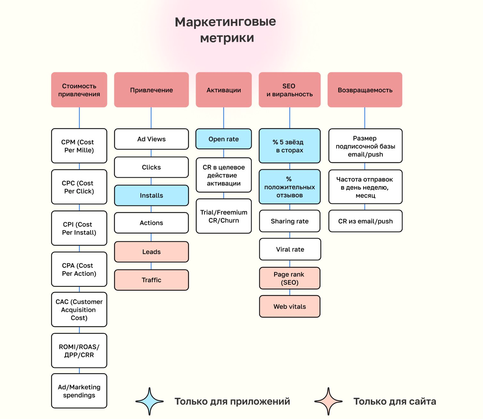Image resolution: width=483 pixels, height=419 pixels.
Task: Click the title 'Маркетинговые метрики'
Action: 225,29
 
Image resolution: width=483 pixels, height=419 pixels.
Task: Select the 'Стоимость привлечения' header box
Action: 79,90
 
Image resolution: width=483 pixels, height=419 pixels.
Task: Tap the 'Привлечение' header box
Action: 151,90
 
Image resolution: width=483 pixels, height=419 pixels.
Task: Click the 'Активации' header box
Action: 224,90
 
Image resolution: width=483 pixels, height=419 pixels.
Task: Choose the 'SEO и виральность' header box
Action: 289,90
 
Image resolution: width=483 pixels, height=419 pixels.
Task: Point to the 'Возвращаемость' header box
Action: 365,90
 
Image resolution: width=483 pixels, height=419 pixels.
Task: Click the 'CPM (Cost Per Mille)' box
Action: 79,146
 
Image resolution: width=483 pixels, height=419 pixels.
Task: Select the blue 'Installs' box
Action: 151,195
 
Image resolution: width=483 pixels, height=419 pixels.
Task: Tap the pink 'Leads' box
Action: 151,252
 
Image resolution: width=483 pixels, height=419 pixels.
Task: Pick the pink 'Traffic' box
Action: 151,280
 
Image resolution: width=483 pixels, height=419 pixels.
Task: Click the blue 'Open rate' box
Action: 224,139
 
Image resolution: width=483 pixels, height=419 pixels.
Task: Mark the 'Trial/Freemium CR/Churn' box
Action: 224,216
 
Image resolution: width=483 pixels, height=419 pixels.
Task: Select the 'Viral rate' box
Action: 290,249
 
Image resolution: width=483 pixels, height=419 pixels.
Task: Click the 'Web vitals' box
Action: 290,306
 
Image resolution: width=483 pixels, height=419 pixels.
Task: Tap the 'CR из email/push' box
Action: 365,221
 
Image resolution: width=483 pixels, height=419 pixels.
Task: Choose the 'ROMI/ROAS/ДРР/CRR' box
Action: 79,351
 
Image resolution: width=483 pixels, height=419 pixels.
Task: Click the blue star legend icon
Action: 150,401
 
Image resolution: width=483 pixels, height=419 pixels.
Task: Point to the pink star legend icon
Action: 328,401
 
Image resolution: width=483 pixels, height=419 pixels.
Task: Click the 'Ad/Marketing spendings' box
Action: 79,391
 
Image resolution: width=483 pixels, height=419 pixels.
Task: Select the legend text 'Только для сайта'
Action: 394,401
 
